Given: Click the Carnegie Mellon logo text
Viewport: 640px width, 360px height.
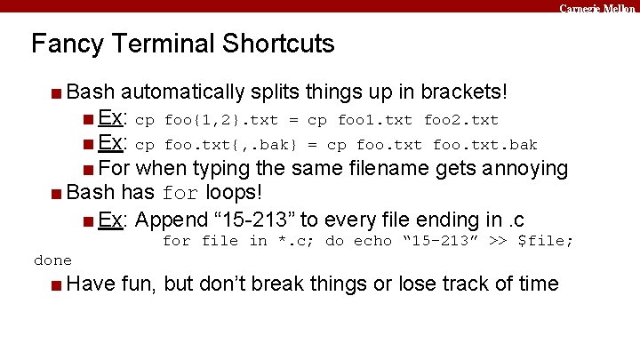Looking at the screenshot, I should coord(597,7).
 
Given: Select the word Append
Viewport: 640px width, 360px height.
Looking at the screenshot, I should coord(172,220).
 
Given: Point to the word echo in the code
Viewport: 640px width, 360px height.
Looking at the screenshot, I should coord(373,241).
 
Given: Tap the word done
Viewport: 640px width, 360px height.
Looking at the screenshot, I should coord(52,260).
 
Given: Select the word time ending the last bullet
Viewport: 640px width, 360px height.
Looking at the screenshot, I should coord(535,284).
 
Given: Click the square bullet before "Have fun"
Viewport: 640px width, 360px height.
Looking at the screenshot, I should coord(56,285).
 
